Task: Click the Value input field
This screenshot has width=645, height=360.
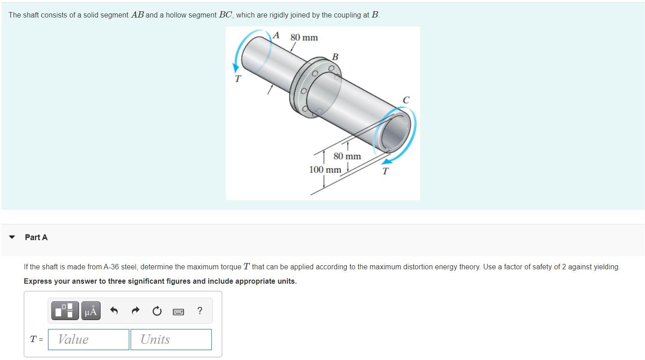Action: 88,339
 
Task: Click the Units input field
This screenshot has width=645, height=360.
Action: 171,339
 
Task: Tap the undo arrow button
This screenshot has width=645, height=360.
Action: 114,311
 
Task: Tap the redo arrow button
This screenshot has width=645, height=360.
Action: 136,311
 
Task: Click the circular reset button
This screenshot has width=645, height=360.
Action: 157,311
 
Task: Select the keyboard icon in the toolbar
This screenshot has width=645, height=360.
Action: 178,312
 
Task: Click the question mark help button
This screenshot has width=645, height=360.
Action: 200,311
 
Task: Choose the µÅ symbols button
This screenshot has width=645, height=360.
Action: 91,311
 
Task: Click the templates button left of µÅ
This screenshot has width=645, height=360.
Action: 65,311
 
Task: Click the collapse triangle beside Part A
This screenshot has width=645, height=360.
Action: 12,237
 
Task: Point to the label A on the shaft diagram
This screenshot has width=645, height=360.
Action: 276,35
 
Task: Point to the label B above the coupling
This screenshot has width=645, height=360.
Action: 335,57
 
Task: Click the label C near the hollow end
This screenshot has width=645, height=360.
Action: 406,100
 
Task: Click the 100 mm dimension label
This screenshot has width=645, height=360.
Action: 325,169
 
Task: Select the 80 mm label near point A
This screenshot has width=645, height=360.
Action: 304,37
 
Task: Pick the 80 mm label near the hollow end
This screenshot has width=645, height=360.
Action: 347,156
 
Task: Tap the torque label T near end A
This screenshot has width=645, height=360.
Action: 237,79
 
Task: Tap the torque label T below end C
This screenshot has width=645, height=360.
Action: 386,171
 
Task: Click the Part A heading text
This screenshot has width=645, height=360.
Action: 36,237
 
